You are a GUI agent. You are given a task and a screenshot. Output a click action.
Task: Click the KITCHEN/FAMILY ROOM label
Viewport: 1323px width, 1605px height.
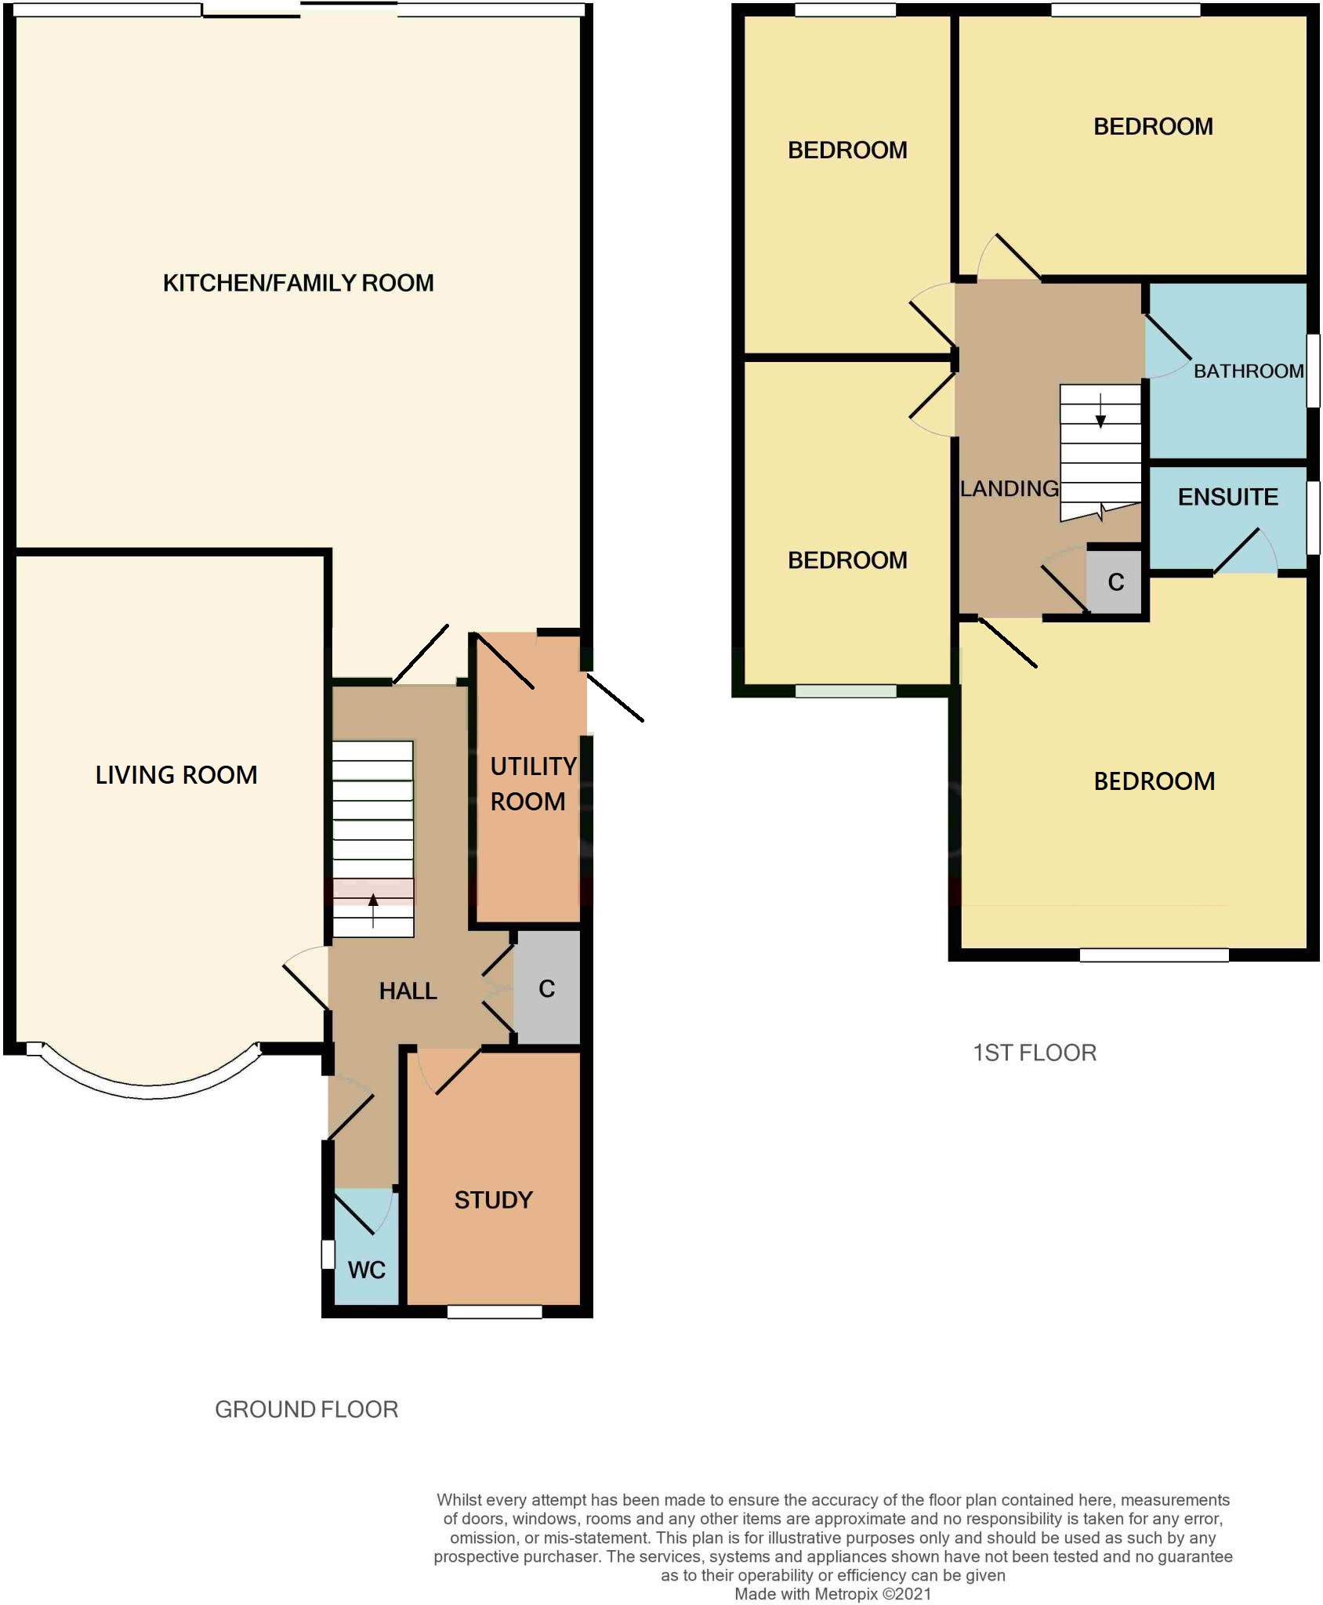tap(298, 283)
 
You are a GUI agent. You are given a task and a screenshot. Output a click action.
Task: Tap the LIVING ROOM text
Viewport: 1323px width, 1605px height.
tap(176, 775)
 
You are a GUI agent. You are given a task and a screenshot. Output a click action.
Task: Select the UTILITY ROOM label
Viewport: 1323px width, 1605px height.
tap(532, 784)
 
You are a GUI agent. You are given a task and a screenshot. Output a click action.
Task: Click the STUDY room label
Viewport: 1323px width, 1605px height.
tap(493, 1200)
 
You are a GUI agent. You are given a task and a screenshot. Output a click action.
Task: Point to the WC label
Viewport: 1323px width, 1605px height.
tap(366, 1270)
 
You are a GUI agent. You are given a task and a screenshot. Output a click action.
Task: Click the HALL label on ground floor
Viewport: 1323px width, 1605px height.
tap(408, 991)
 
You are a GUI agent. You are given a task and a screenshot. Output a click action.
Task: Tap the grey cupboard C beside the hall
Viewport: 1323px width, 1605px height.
tap(547, 989)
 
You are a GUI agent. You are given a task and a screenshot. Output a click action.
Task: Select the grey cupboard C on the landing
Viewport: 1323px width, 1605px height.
tap(1116, 582)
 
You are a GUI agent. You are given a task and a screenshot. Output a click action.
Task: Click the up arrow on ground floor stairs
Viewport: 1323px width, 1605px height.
tap(373, 909)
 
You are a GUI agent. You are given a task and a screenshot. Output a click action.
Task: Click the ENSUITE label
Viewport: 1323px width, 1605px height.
tap(1227, 497)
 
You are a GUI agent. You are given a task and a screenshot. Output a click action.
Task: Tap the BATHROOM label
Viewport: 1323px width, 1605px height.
tap(1248, 371)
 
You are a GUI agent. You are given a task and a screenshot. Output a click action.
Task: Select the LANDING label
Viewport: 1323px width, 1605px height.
tap(1009, 489)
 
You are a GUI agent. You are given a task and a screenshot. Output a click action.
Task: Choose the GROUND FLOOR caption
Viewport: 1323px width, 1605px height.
tap(306, 1410)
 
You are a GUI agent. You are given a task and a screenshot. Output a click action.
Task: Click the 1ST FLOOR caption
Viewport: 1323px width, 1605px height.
tap(1035, 1052)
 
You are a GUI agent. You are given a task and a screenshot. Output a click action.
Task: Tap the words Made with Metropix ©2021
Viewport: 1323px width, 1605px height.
tap(832, 1593)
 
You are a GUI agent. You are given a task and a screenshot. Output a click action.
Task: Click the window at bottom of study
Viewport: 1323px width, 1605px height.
tap(495, 1311)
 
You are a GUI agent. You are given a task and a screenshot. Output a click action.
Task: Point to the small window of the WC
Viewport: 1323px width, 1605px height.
tap(328, 1254)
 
